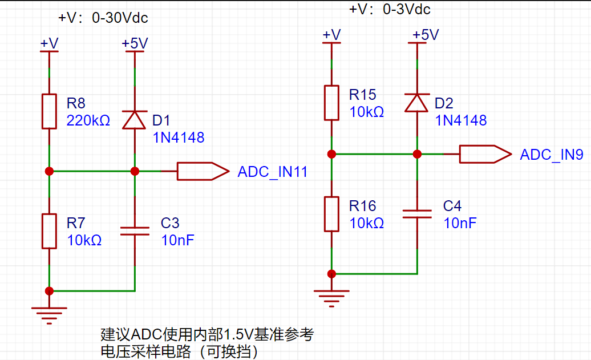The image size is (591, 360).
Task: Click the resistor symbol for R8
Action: click(49, 112)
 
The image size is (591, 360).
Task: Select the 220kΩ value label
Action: click(88, 120)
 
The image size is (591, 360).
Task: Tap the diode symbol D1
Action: click(135, 120)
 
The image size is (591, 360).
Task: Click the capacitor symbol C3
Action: click(135, 231)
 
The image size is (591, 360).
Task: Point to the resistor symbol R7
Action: click(49, 232)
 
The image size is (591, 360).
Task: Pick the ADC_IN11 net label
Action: click(273, 172)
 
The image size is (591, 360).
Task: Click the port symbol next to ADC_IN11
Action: click(203, 172)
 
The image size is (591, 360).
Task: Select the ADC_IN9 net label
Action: click(552, 155)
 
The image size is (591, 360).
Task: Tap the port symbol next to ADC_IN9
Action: click(485, 154)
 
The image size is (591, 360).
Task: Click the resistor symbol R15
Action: click(331, 103)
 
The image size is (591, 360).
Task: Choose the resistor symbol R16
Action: click(331, 214)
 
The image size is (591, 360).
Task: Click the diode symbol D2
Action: click(417, 103)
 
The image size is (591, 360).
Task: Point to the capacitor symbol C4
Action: click(417, 214)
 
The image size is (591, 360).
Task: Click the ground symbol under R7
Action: click(49, 315)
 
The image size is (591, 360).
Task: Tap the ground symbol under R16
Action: click(331, 298)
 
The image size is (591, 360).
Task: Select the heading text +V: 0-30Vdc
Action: click(103, 18)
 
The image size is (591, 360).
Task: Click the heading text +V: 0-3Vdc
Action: click(390, 9)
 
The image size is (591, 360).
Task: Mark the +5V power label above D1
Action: click(135, 43)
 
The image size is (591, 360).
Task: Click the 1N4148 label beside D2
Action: click(461, 120)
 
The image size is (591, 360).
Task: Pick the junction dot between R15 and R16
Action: click(331, 154)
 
